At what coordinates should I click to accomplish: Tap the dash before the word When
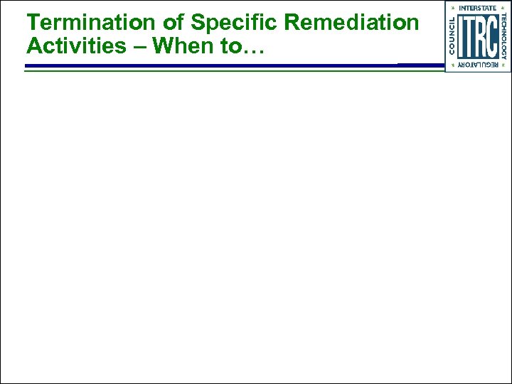point(140,47)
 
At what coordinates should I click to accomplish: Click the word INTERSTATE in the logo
point(478,8)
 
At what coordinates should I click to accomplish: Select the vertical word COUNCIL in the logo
point(452,36)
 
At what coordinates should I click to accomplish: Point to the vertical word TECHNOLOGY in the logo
point(504,36)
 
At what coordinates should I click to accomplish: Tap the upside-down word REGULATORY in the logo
point(478,65)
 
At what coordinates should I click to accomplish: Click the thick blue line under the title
point(213,65)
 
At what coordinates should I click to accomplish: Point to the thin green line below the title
point(213,71)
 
